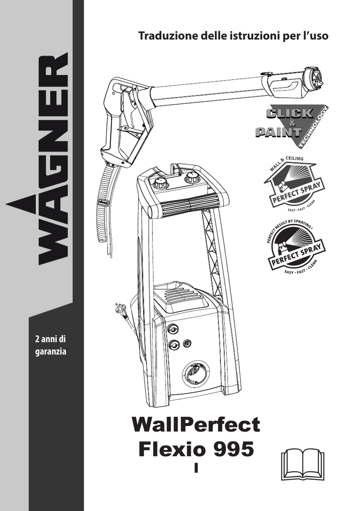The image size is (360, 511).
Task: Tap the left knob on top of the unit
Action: [161, 183]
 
